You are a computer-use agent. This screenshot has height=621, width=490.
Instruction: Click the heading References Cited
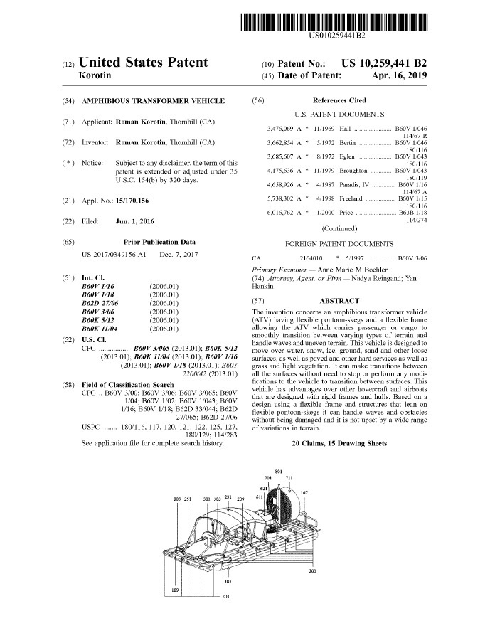point(339,101)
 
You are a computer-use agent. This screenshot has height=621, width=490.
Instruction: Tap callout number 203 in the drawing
point(314,571)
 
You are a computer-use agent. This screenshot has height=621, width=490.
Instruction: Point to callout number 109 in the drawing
point(176,590)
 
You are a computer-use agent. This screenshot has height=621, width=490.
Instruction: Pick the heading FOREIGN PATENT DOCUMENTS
point(339,243)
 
